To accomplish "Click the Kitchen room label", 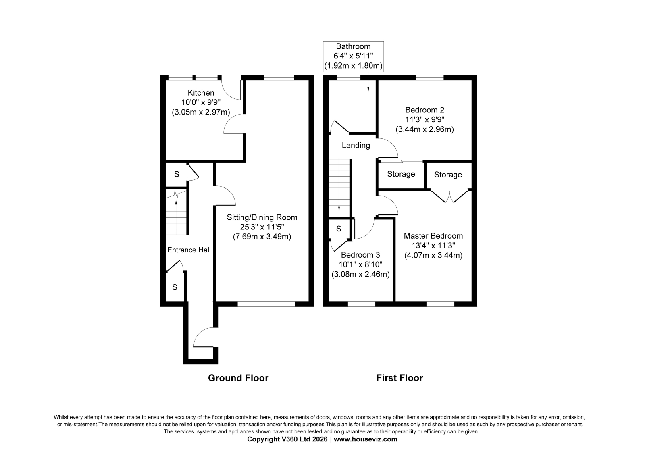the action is click(x=201, y=93).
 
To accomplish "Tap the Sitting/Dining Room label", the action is click(x=262, y=217).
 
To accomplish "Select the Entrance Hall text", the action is click(x=189, y=250).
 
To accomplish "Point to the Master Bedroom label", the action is click(x=433, y=236).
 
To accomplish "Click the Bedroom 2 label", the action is click(x=425, y=110).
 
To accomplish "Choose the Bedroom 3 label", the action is click(x=360, y=255).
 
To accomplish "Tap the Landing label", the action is click(x=356, y=146).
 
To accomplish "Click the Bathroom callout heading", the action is click(x=353, y=46).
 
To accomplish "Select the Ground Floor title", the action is click(x=238, y=378).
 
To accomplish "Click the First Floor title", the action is click(x=399, y=378).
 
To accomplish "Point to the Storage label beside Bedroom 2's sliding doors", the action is click(x=401, y=174).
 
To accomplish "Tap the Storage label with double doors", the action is click(x=448, y=175).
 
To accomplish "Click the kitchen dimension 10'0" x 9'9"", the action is click(x=201, y=102).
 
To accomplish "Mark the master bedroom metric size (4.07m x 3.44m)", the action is click(x=433, y=256).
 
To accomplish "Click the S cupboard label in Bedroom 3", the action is click(x=339, y=229).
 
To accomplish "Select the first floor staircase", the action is click(x=339, y=187).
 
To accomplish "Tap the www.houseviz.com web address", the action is click(x=365, y=439).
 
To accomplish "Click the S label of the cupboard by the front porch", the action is click(x=175, y=287).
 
